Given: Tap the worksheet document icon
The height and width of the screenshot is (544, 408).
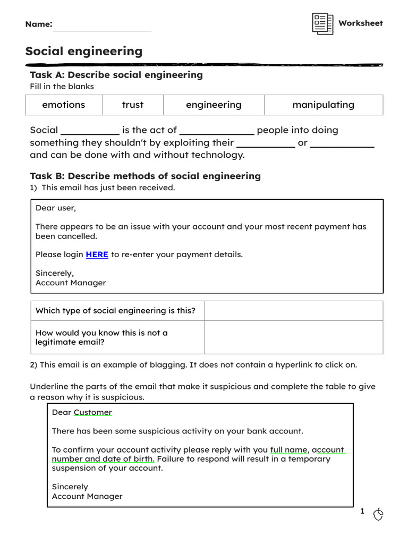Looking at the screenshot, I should click(x=322, y=24).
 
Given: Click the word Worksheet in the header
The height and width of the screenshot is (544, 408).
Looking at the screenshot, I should click(x=360, y=23).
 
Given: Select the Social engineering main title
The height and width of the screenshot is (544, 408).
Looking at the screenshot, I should click(x=84, y=52).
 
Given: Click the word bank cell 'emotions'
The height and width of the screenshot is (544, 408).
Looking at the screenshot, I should click(x=64, y=105).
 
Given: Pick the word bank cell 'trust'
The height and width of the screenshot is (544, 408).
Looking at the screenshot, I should click(x=132, y=105).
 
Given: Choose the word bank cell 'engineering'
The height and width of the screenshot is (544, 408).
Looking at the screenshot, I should click(x=214, y=105).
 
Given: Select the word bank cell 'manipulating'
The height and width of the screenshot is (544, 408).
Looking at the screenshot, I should click(x=323, y=105).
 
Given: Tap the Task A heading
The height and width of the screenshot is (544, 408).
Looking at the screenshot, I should click(x=116, y=75).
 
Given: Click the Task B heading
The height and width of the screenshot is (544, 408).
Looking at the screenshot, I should click(x=145, y=176).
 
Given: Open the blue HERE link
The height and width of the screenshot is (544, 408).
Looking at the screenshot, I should click(x=97, y=254).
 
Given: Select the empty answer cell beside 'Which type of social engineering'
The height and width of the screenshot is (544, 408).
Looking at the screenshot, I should click(x=293, y=311).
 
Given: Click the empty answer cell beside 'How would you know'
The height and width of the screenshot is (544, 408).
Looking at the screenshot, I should click(x=293, y=337).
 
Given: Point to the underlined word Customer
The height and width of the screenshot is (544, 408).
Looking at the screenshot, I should click(x=92, y=412).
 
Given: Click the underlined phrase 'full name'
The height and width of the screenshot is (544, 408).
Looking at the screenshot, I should click(x=288, y=449).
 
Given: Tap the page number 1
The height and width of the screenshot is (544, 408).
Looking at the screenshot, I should click(x=362, y=511).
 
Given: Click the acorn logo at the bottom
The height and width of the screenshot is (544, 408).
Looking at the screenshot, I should click(x=378, y=514).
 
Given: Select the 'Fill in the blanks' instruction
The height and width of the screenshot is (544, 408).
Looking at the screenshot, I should click(x=62, y=87).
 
